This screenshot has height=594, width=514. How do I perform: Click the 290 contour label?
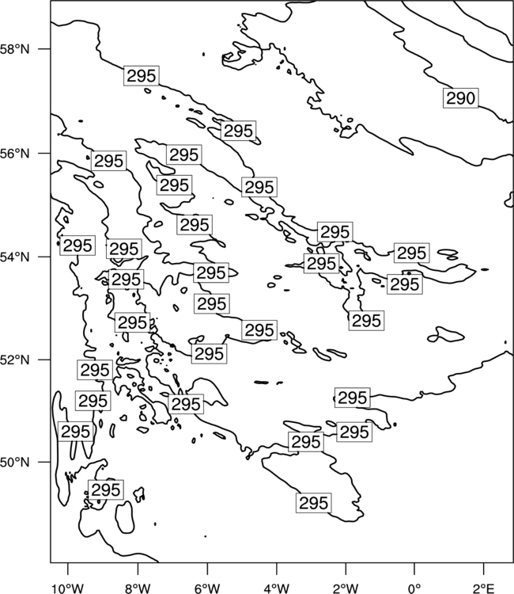pos(461,98)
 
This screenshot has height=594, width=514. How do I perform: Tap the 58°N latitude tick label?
pos(14,49)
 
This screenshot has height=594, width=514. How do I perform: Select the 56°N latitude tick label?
pos(14,154)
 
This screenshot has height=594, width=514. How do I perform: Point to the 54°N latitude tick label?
pos(14,257)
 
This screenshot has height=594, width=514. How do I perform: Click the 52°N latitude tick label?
pos(14,360)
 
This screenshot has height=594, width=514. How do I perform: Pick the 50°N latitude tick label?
pos(14,463)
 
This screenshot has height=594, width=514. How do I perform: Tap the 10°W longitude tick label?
pos(68,588)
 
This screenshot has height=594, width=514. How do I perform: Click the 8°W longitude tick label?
pos(138,588)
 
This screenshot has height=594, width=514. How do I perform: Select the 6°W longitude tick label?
pos(207,588)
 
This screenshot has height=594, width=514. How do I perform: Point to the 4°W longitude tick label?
pos(277,588)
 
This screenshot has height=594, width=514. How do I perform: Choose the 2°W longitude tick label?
pos(346,588)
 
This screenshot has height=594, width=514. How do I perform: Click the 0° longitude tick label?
pos(414,588)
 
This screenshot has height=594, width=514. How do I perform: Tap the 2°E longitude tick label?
pos(484,588)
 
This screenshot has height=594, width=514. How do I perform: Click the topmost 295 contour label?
pos(142,76)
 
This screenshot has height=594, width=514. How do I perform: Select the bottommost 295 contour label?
pos(314,503)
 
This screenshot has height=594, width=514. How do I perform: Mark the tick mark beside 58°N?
pos(45,49)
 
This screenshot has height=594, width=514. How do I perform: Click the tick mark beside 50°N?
pos(45,463)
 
